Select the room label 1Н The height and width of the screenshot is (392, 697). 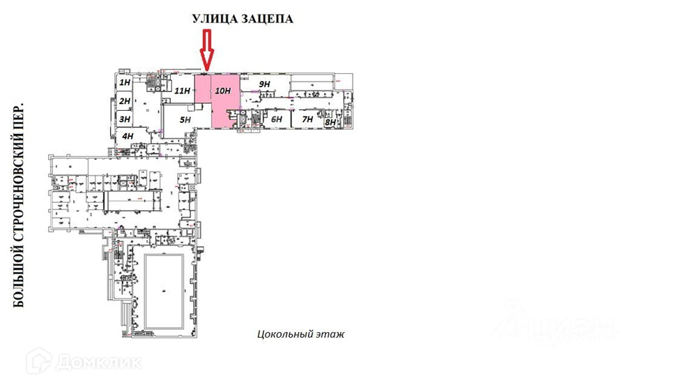coord(125,83)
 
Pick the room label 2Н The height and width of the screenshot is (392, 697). coord(125,101)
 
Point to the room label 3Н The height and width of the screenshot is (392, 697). coord(125,119)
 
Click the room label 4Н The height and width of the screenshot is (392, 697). coord(128,136)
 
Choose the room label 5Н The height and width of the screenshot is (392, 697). coord(185,120)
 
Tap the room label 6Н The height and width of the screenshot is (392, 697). coord(277,119)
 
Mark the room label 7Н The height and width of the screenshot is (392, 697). coord(307,119)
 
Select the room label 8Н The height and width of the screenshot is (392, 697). coord(330,123)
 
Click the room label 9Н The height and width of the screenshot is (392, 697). coord(264,84)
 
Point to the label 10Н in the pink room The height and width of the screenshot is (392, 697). coord(223,91)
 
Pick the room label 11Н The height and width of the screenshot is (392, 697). coord(183,91)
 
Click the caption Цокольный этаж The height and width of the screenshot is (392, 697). coord(300,335)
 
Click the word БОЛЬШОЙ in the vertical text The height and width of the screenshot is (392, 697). coord(19,282)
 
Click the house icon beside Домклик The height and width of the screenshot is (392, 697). coord(39,361)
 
